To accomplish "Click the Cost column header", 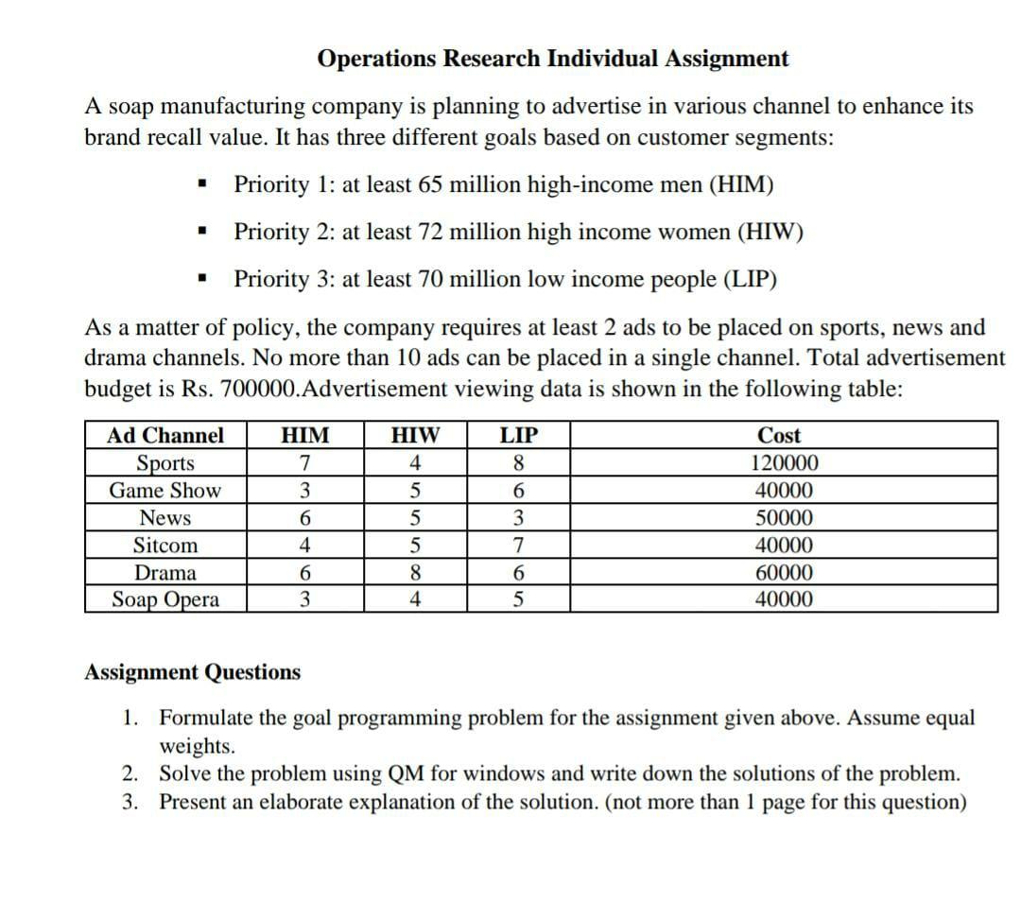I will tap(779, 436).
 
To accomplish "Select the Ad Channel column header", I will tap(165, 436).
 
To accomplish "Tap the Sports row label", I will tap(165, 463).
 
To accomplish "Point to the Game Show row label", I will tap(165, 491).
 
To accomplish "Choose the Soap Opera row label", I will tap(165, 600).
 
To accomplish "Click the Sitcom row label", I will tap(165, 546).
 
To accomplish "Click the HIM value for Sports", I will tap(303, 463).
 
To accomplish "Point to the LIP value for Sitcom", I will tap(517, 546).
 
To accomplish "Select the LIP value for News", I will tap(517, 518).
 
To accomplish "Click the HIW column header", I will tap(415, 436).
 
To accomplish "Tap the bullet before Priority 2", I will tap(200, 232).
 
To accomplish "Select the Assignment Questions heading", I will tap(192, 672).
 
